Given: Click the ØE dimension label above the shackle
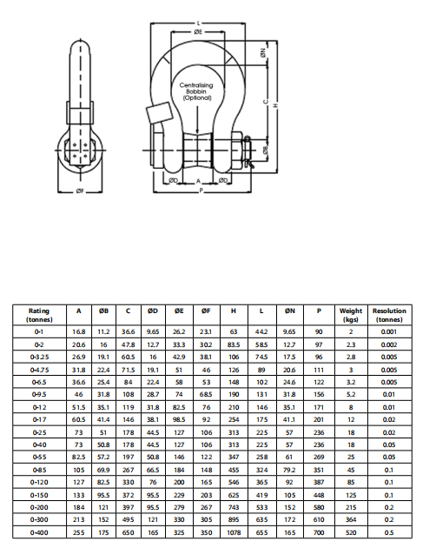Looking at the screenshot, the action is coord(198,32).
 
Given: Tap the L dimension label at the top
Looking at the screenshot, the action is coord(198,23).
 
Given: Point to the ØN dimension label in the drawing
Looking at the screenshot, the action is coord(263,53).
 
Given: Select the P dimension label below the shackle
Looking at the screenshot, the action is coord(201,190).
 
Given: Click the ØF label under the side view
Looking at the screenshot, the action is coord(80,190).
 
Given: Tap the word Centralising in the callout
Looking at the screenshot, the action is coord(196,85).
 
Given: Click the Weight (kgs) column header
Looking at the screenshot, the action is coord(351,315).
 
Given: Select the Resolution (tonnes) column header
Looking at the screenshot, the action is coord(389,315).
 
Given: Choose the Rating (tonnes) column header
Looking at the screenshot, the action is coord(39,315).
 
